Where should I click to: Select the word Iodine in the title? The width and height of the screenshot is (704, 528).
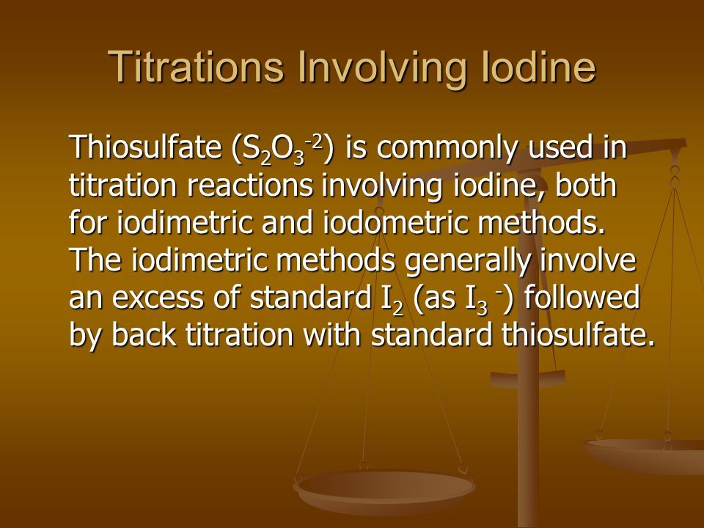[539, 67]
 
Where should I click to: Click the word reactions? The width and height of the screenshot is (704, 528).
[249, 185]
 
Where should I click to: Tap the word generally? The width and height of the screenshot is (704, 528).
[467, 261]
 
